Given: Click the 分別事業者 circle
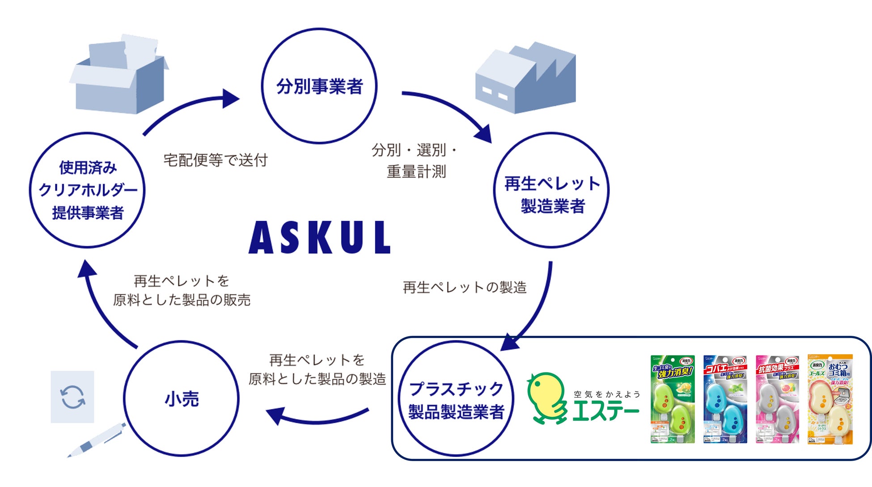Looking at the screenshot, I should [319, 86].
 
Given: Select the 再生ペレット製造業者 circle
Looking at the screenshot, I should [551, 190].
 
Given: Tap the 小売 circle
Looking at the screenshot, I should [181, 398].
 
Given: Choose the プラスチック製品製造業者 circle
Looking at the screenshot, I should [456, 399].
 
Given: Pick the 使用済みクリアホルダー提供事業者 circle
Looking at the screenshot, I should [88, 190].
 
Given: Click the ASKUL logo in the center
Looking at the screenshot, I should [319, 237].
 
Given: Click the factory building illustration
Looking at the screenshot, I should [526, 78].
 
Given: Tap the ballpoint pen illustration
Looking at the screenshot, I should [97, 440].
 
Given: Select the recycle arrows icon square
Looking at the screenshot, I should [72, 397].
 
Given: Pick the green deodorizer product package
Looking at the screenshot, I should [672, 399].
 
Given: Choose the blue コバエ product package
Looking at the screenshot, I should [725, 399].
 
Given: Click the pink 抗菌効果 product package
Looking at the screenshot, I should [777, 399].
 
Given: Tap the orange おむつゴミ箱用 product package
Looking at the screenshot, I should [830, 399].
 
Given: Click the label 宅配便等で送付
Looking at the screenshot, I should [216, 160].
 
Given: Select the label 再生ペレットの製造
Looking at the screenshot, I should [465, 287].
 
